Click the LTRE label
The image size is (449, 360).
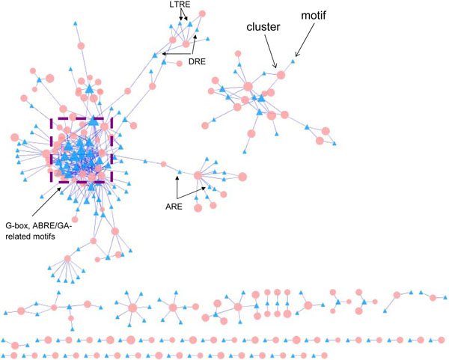[x=178, y=7]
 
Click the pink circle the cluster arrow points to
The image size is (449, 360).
[x=281, y=74]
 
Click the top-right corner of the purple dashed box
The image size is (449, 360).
[x=112, y=117]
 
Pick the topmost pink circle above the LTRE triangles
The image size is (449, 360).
[x=185, y=13]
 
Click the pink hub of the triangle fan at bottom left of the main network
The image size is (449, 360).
[x=67, y=258]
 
